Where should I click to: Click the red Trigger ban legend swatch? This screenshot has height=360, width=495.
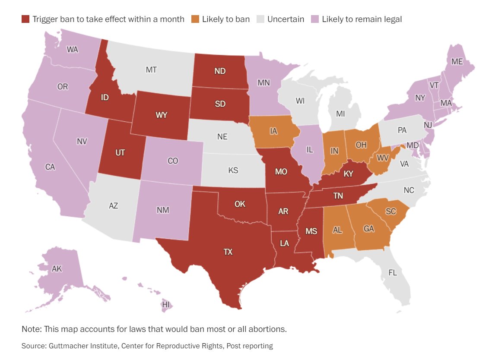pyautogui.click(x=26, y=19)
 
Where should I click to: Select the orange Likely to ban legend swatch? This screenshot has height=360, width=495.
pyautogui.click(x=196, y=19)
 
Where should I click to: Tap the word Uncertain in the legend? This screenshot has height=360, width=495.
pyautogui.click(x=286, y=19)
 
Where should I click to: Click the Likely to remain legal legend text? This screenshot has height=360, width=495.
pyautogui.click(x=362, y=19)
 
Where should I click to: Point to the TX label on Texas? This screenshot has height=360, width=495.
pyautogui.click(x=228, y=252)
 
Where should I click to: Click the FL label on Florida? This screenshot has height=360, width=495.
pyautogui.click(x=392, y=273)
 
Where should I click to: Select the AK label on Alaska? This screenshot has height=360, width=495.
pyautogui.click(x=57, y=269)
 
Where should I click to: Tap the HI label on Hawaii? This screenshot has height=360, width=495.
pyautogui.click(x=166, y=305)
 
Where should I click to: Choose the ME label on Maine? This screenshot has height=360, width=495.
pyautogui.click(x=457, y=62)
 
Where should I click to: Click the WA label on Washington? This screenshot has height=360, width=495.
pyautogui.click(x=73, y=49)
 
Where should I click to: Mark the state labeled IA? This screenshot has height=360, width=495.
pyautogui.click(x=273, y=131)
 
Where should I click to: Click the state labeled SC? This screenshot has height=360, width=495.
pyautogui.click(x=391, y=211)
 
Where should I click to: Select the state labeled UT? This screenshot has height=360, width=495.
pyautogui.click(x=121, y=153)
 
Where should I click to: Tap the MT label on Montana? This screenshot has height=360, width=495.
pyautogui.click(x=151, y=69)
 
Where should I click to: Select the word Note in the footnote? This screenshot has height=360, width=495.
pyautogui.click(x=31, y=329)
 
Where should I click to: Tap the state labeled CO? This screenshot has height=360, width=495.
pyautogui.click(x=173, y=161)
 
